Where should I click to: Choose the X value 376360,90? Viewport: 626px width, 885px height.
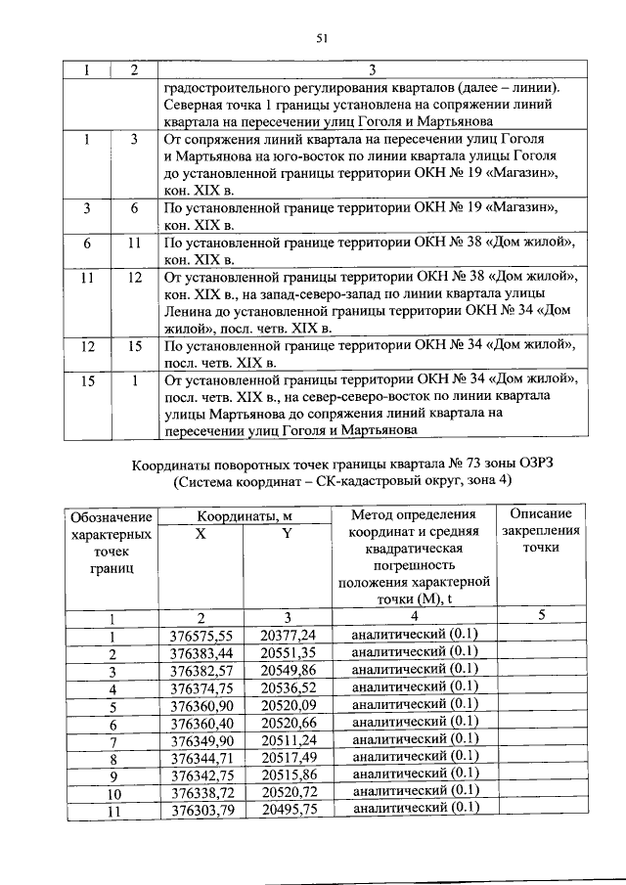(x=201, y=706)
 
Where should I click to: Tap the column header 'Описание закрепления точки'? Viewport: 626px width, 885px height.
(x=541, y=531)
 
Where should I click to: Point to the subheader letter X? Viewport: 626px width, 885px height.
(x=201, y=533)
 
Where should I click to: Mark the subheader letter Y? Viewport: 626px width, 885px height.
(x=288, y=533)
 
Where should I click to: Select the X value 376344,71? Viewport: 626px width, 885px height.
(x=201, y=757)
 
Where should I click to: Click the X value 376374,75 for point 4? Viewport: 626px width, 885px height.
(x=201, y=688)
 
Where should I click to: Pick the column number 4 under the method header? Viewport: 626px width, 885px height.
(x=414, y=617)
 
